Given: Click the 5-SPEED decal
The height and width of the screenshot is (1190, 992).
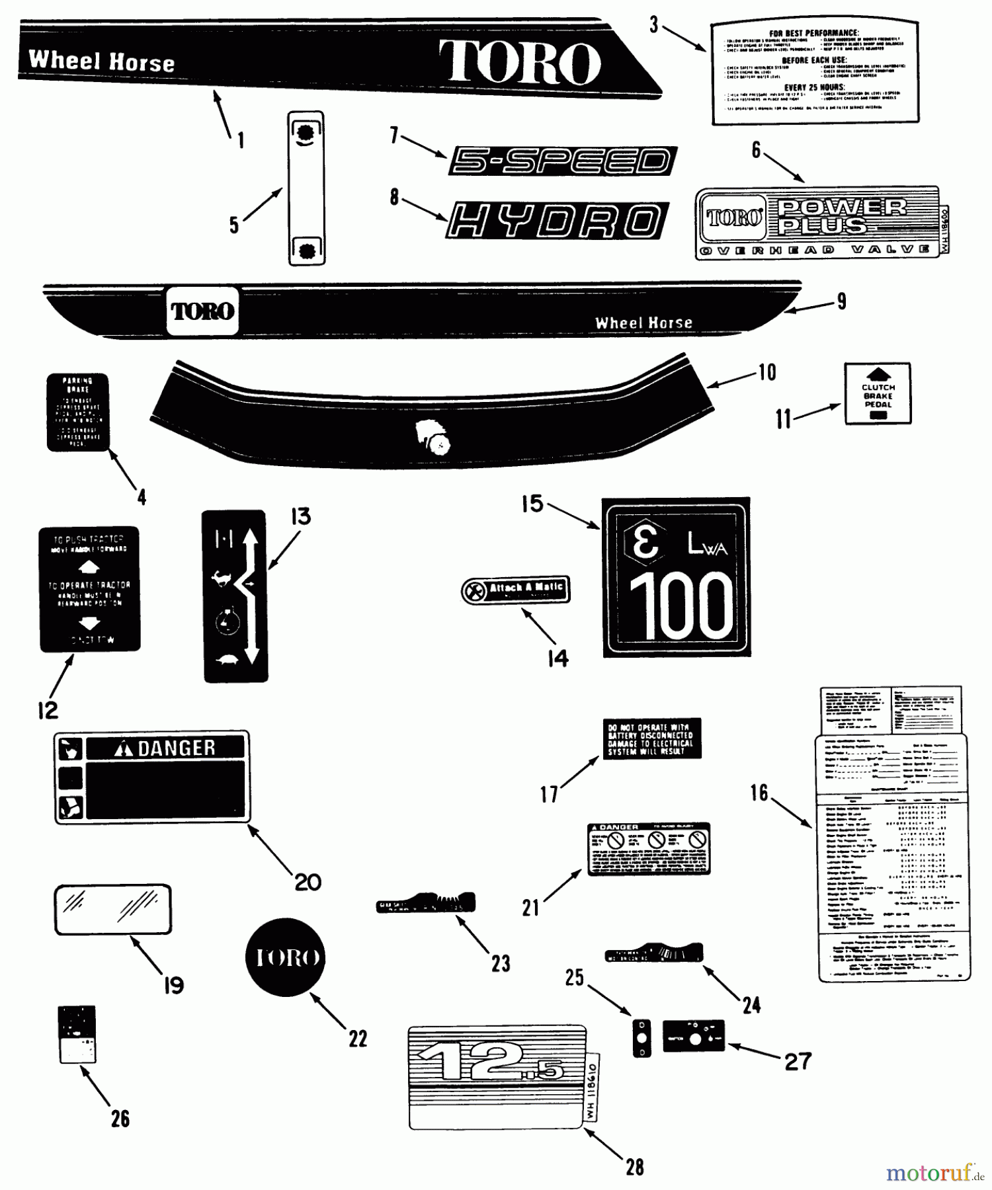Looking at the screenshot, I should click(561, 161).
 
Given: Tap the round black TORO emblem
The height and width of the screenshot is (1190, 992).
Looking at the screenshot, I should click(285, 957).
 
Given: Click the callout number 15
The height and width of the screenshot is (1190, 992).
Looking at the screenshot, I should click(532, 504).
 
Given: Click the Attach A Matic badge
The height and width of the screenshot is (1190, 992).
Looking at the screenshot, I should click(516, 589).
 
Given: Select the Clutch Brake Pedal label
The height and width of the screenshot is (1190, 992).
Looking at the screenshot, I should click(878, 394).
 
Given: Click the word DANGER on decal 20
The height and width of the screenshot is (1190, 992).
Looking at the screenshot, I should click(176, 748).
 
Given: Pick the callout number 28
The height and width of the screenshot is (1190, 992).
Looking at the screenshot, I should click(634, 1168).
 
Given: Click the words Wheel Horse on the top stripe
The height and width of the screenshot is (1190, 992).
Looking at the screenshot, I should click(101, 61).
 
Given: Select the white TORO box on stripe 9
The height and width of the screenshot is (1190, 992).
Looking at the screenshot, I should click(202, 311).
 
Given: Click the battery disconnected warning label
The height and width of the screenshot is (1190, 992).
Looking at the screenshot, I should click(651, 738).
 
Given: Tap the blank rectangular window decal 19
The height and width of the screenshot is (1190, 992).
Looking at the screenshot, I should click(112, 909).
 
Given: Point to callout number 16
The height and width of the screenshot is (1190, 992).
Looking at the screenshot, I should click(759, 793).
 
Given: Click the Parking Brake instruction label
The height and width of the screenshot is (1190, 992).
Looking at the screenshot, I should click(77, 412).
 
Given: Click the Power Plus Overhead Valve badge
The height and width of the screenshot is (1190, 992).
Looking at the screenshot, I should click(817, 222).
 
